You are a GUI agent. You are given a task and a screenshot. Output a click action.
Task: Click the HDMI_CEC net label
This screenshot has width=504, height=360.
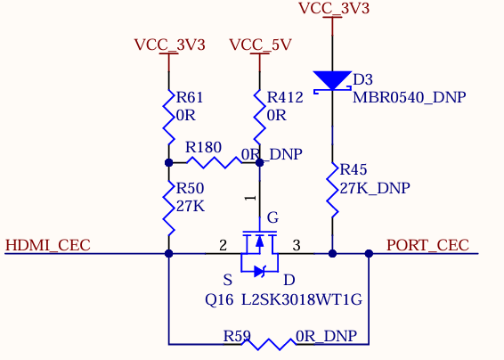(x=48, y=245)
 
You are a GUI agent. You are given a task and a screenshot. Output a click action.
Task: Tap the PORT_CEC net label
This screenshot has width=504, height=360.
(x=427, y=245)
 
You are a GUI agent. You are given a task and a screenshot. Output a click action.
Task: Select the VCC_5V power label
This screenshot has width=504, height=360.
(x=260, y=45)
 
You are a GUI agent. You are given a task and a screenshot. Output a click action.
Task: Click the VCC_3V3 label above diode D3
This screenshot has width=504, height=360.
(x=334, y=8)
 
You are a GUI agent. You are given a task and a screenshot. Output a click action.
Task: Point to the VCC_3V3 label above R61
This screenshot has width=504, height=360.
(x=169, y=45)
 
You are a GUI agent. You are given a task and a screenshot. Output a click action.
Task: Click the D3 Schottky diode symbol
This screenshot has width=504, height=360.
(x=332, y=82)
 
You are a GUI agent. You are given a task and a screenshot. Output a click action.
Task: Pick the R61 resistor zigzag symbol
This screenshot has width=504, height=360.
(x=169, y=118)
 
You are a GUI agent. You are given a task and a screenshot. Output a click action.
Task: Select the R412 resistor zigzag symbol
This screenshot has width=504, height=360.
(x=260, y=118)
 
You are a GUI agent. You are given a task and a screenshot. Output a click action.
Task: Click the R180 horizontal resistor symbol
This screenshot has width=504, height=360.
(x=215, y=162)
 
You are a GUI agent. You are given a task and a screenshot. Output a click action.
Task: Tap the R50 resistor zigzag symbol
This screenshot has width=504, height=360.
(x=169, y=209)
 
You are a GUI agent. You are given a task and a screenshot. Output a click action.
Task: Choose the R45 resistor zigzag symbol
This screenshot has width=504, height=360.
(x=332, y=190)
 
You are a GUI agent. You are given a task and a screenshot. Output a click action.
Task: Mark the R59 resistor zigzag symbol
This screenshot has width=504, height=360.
(x=268, y=344)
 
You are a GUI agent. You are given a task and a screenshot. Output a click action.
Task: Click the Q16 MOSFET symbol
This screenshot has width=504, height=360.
(x=259, y=252)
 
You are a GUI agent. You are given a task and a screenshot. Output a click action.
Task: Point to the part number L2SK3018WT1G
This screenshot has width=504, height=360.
(x=302, y=300)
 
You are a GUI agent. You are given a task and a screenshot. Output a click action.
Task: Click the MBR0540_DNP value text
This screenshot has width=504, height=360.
(x=410, y=97)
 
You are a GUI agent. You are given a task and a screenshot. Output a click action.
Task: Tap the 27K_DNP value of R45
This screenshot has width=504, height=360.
(x=375, y=188)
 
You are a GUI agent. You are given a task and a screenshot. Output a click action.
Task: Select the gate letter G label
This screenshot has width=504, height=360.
(x=272, y=217)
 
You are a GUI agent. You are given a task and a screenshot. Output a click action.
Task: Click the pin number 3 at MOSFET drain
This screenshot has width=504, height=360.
(x=297, y=245)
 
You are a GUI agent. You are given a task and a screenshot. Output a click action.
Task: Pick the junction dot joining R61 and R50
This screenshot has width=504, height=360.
(x=169, y=163)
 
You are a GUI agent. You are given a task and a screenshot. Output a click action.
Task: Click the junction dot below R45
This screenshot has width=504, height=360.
(x=332, y=253)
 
